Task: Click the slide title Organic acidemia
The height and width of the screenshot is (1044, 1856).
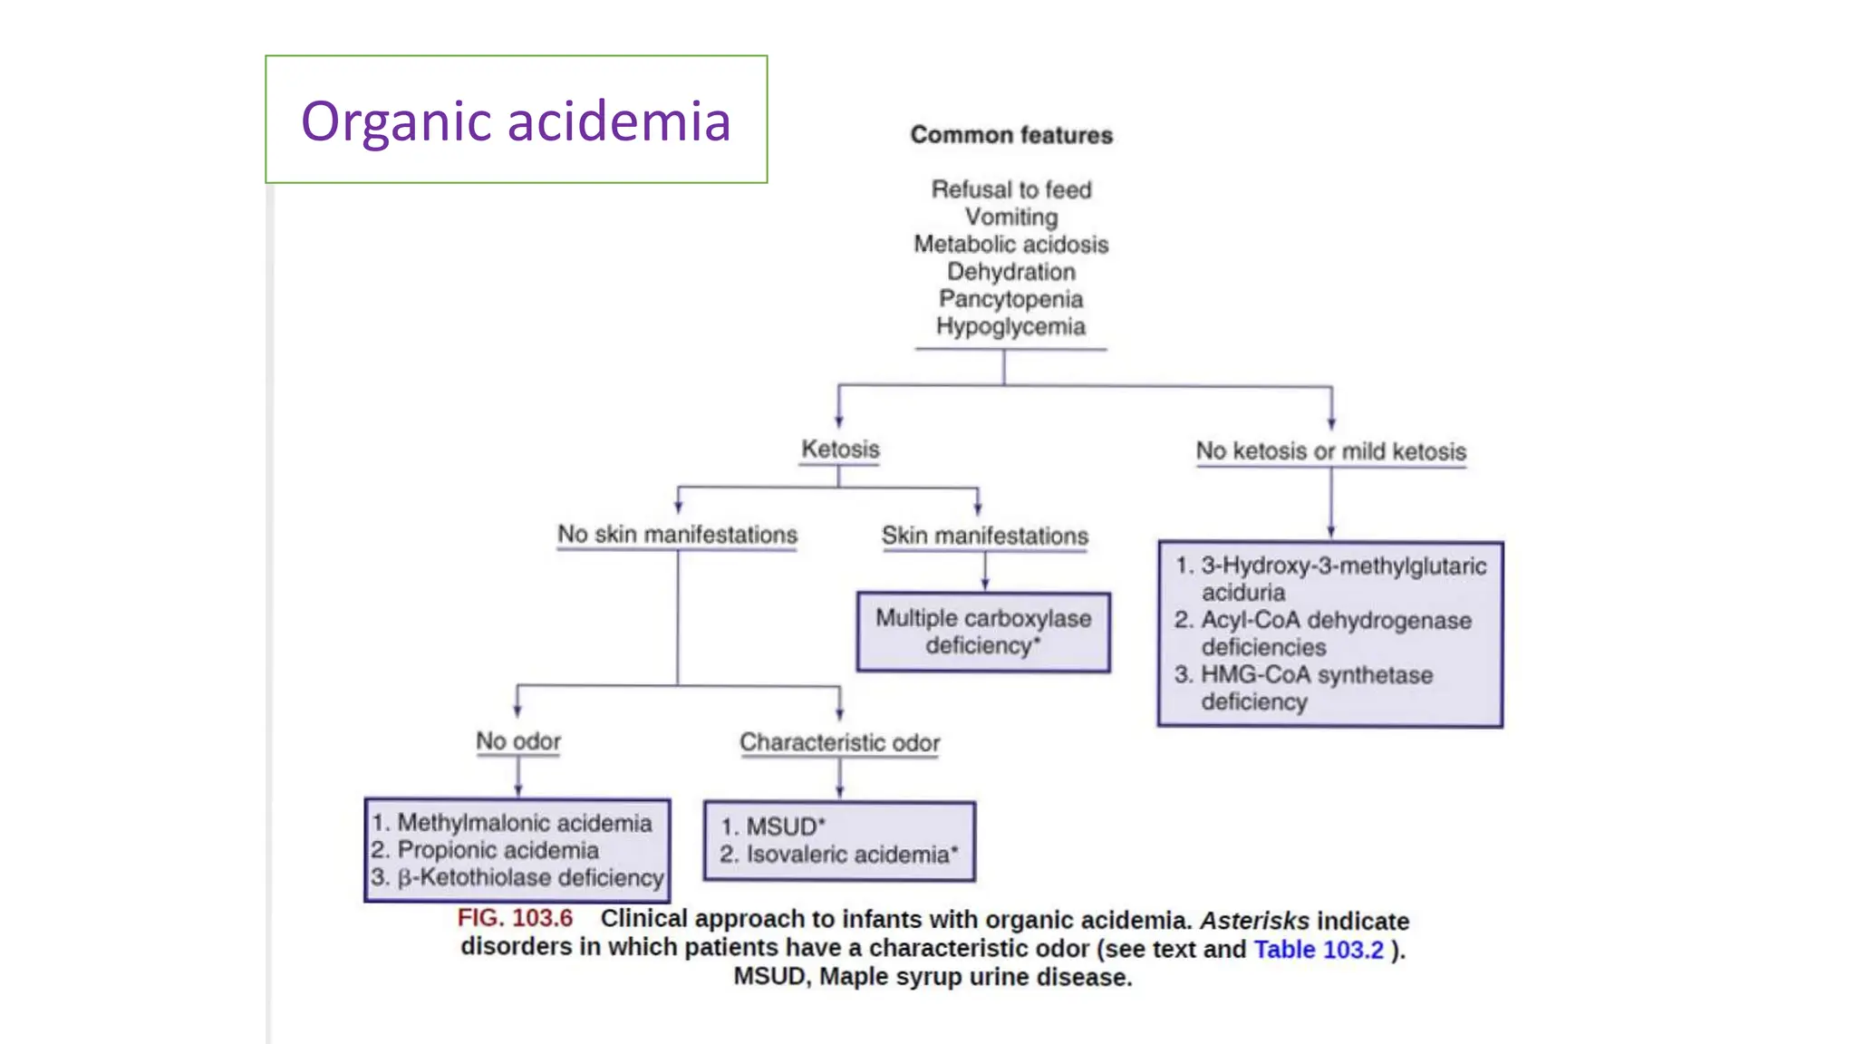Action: (x=516, y=121)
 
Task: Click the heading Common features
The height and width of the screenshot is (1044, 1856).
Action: (x=1011, y=135)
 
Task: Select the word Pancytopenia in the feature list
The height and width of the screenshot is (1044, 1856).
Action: (x=1010, y=299)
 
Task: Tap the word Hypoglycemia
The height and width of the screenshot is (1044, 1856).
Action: (x=1010, y=326)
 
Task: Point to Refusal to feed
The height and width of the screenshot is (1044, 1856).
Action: (x=1011, y=189)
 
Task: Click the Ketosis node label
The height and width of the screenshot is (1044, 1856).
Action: (x=840, y=449)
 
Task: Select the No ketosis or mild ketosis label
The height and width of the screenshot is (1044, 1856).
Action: (x=1330, y=451)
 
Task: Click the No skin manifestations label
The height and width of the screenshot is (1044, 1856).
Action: (x=677, y=535)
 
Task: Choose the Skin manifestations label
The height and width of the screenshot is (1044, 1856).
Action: (x=984, y=536)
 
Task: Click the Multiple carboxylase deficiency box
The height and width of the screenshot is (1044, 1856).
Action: (x=983, y=632)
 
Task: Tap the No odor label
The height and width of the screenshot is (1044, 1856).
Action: (x=518, y=741)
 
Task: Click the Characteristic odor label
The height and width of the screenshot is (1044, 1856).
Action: (x=839, y=742)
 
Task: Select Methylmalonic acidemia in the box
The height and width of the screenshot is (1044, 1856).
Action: (x=524, y=823)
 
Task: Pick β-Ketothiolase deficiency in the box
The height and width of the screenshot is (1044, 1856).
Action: (x=530, y=877)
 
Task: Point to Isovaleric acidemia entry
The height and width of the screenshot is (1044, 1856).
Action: (x=846, y=855)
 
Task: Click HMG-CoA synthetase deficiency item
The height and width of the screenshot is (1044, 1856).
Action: (x=1316, y=688)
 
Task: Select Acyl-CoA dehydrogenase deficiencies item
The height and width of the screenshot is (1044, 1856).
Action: (x=1335, y=633)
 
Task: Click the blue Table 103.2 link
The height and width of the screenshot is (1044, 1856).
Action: (x=1319, y=949)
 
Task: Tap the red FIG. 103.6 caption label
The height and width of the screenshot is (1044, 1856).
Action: (x=515, y=918)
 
